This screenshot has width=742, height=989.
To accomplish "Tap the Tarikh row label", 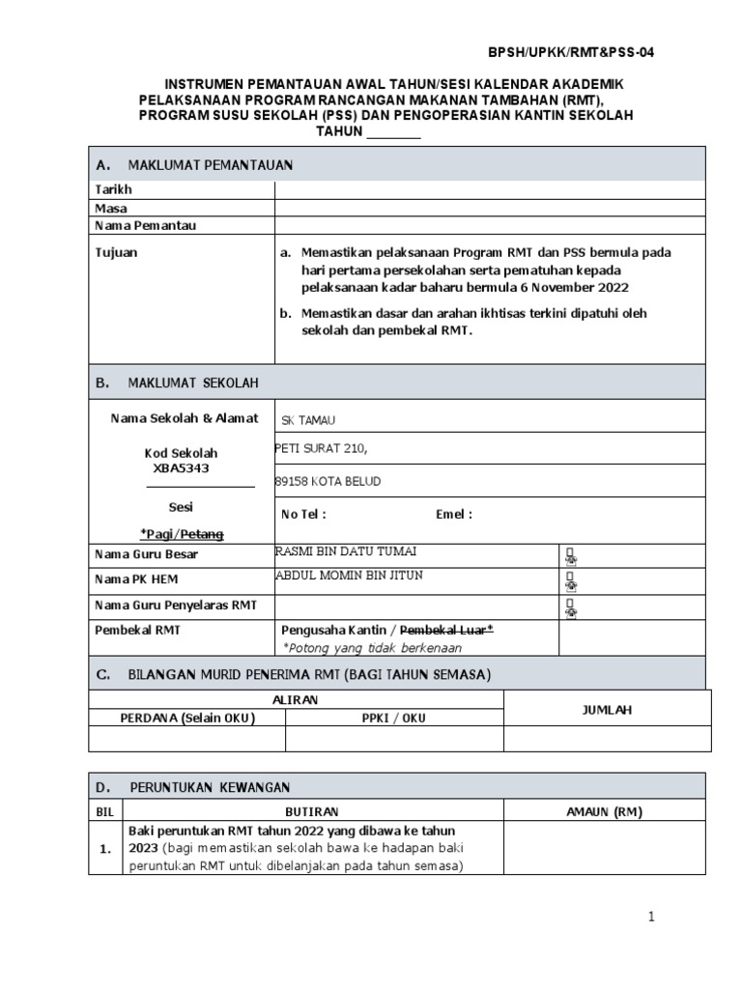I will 113,190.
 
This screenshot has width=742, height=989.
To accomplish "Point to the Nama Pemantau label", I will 145,225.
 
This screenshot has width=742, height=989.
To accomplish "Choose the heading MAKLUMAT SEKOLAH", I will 193,383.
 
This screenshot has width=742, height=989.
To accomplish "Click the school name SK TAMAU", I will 309,420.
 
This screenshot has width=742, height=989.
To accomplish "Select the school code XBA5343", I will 181,468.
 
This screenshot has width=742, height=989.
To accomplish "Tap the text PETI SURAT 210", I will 322,449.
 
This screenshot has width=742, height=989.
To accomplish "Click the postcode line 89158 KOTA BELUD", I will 328,482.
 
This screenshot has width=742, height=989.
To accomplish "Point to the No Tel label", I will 303,515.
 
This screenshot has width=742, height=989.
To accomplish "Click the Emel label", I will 454,515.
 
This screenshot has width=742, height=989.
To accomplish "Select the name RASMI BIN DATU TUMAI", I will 347,551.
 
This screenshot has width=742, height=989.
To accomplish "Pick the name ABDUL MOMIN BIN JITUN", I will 349,576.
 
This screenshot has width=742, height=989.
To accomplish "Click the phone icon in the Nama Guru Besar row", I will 571,555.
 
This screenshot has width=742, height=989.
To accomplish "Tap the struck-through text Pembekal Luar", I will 450,630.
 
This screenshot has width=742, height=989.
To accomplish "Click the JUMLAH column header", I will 607,710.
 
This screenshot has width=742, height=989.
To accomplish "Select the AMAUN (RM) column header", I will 604,811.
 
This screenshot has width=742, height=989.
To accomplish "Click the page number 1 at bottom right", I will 652,918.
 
